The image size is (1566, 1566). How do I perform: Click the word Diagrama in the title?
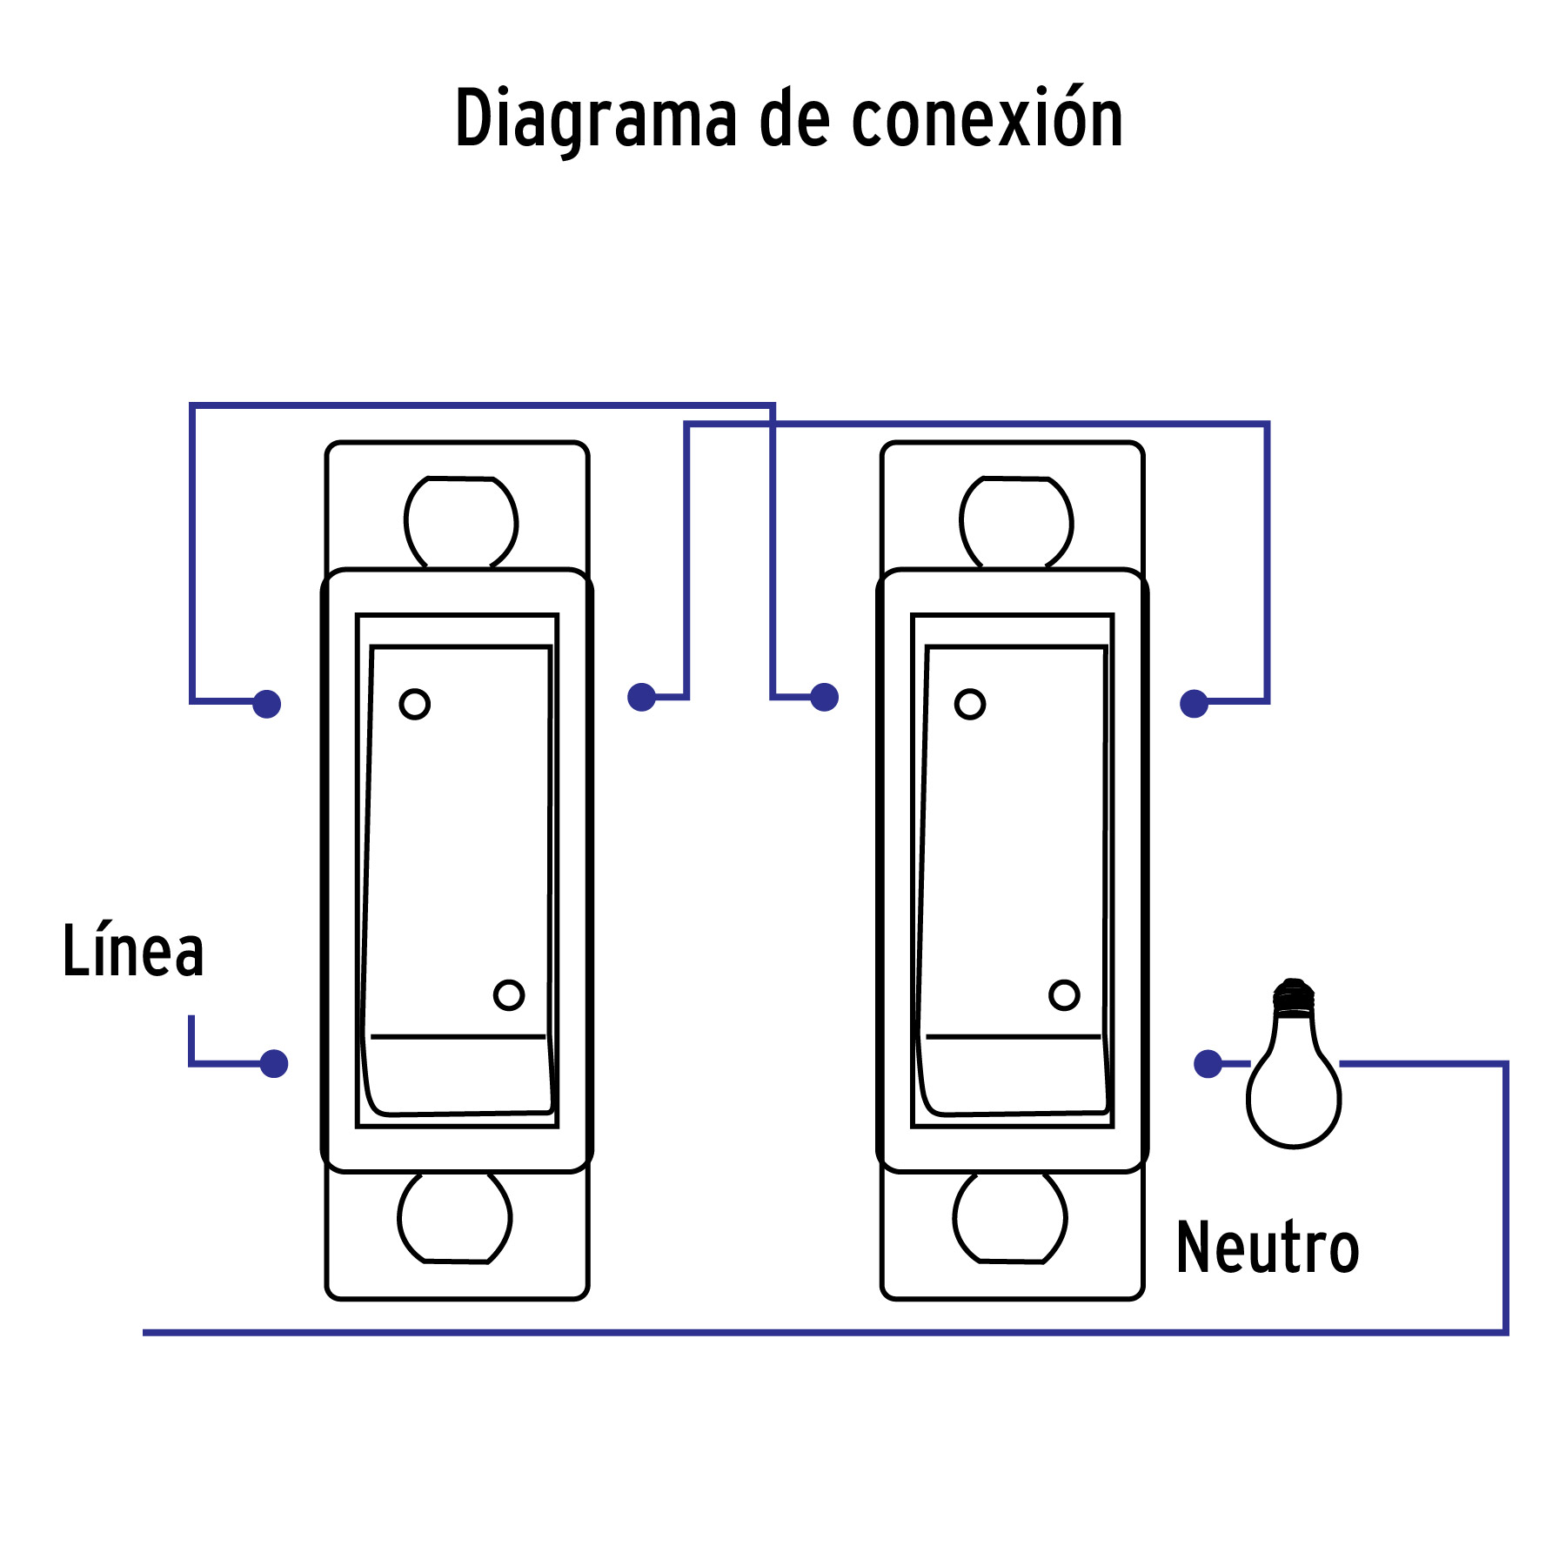point(596,119)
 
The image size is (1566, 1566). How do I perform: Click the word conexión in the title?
point(987,119)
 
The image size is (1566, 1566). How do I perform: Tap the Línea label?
point(133,951)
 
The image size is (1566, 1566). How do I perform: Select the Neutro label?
point(1267,1248)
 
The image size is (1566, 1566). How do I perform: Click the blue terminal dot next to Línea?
point(274,1063)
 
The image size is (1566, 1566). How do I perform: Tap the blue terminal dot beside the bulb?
point(1208,1063)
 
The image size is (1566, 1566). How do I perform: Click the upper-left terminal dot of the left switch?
point(267,704)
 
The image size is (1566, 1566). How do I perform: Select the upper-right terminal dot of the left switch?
point(641,697)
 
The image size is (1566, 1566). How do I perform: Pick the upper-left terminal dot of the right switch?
point(824,697)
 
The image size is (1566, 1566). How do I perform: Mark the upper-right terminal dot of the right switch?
point(1195,704)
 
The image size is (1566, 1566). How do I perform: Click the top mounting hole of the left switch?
point(461,522)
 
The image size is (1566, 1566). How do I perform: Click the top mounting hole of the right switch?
point(1016,522)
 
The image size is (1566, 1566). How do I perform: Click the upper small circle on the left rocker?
point(415,704)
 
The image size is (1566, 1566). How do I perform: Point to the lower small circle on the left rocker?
point(509,994)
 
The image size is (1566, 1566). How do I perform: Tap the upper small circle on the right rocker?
point(970,704)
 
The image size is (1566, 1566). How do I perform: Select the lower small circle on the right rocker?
point(1064,994)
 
